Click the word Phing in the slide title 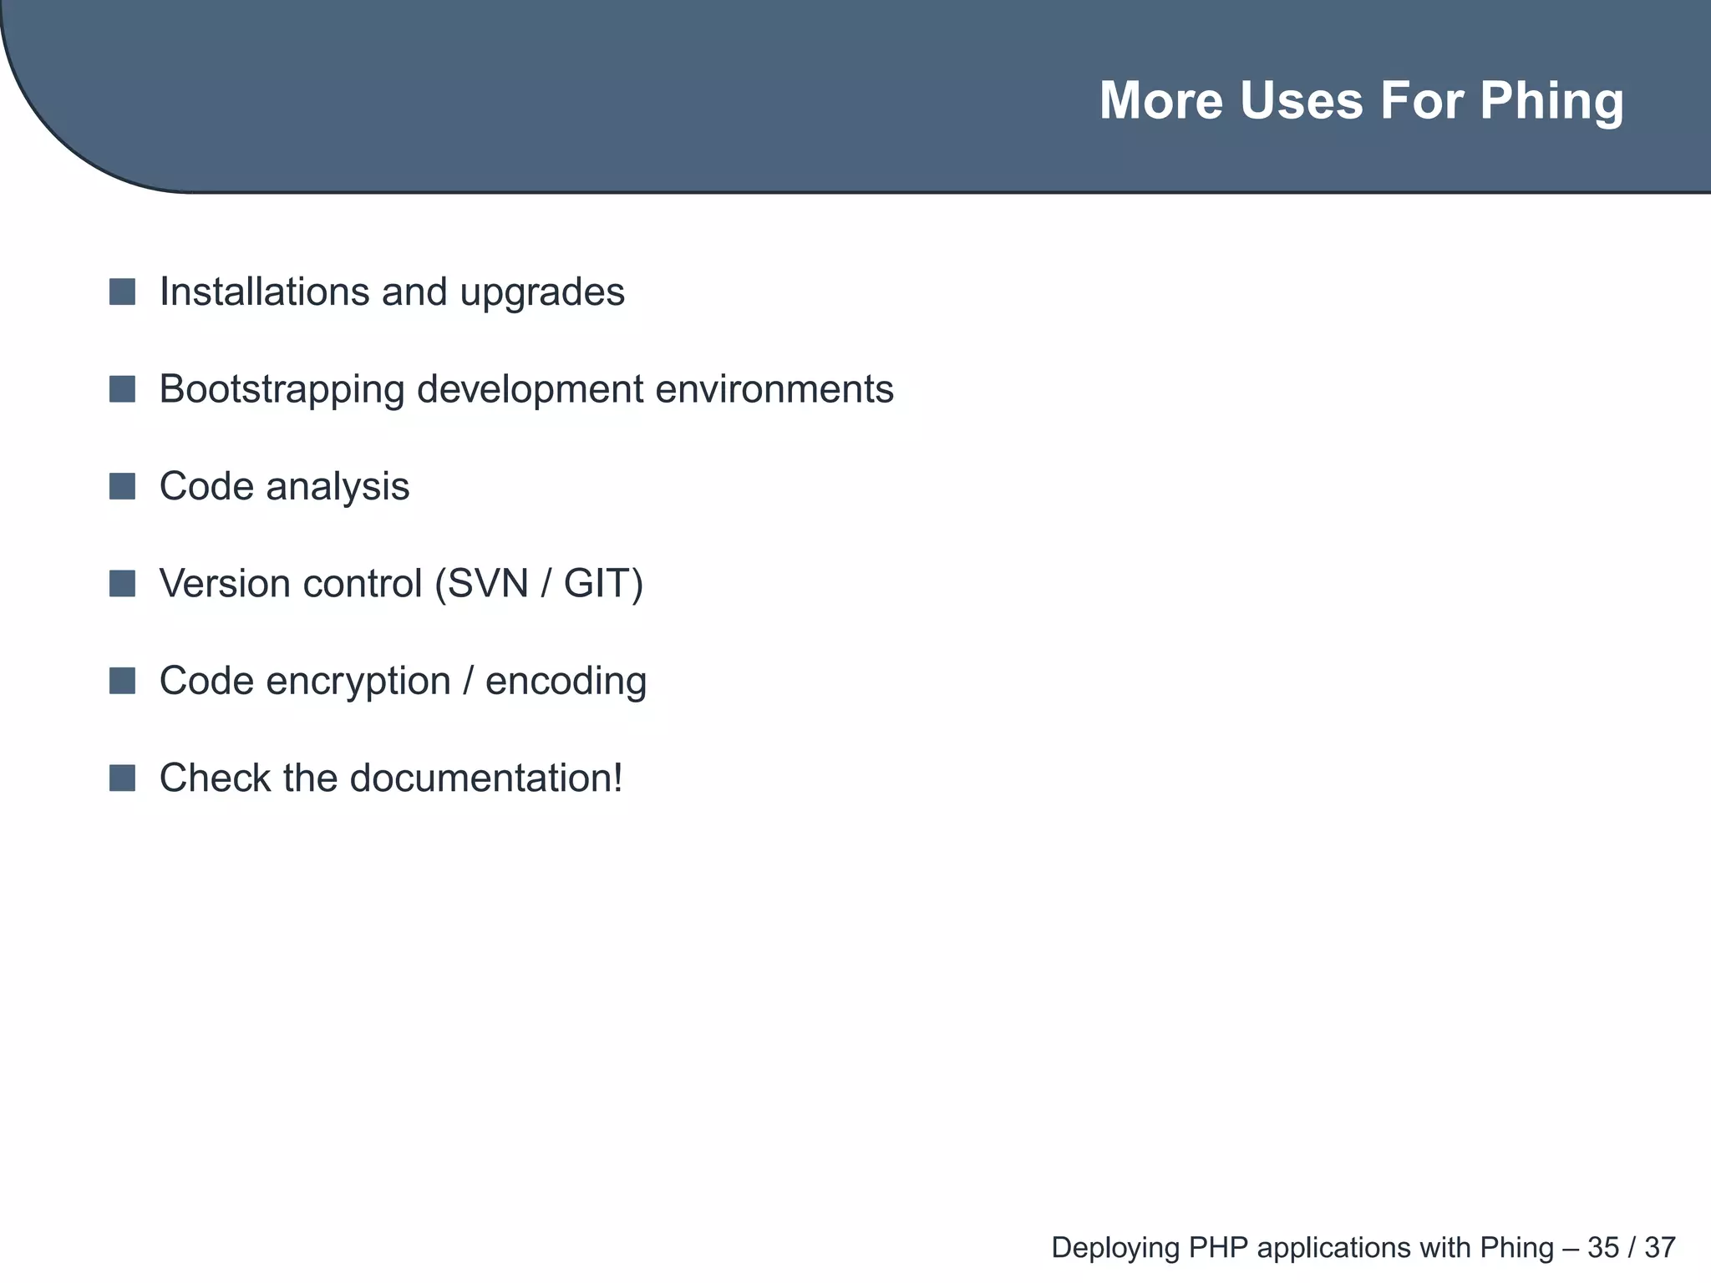[1551, 102]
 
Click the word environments [774, 389]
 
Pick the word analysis [338, 487]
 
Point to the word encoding [566, 682]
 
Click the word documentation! [486, 778]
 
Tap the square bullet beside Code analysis [122, 486]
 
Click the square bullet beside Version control [122, 584]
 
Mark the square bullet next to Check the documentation [122, 778]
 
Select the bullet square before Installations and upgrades [122, 292]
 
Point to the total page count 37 [1660, 1248]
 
